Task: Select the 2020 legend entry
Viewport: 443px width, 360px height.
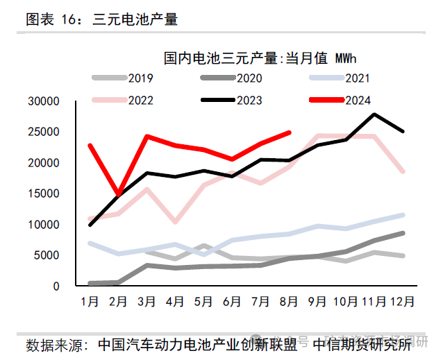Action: pos(236,78)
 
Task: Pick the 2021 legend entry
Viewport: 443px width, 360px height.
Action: pos(345,78)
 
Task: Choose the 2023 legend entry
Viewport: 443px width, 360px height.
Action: pos(236,100)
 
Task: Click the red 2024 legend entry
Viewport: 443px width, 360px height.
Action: pos(345,100)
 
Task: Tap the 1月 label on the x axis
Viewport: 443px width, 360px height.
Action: pos(90,302)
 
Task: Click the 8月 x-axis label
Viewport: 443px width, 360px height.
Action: pos(289,302)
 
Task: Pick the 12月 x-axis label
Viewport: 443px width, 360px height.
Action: pos(403,302)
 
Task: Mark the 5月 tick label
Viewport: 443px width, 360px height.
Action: pos(203,302)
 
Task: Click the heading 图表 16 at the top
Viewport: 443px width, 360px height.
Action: pos(53,19)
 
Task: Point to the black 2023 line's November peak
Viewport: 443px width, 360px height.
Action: pos(374,114)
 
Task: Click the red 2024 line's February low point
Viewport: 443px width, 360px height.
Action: pos(119,195)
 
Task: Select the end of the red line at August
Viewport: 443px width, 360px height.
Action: pos(289,132)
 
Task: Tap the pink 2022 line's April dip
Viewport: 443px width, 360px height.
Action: pos(175,222)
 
